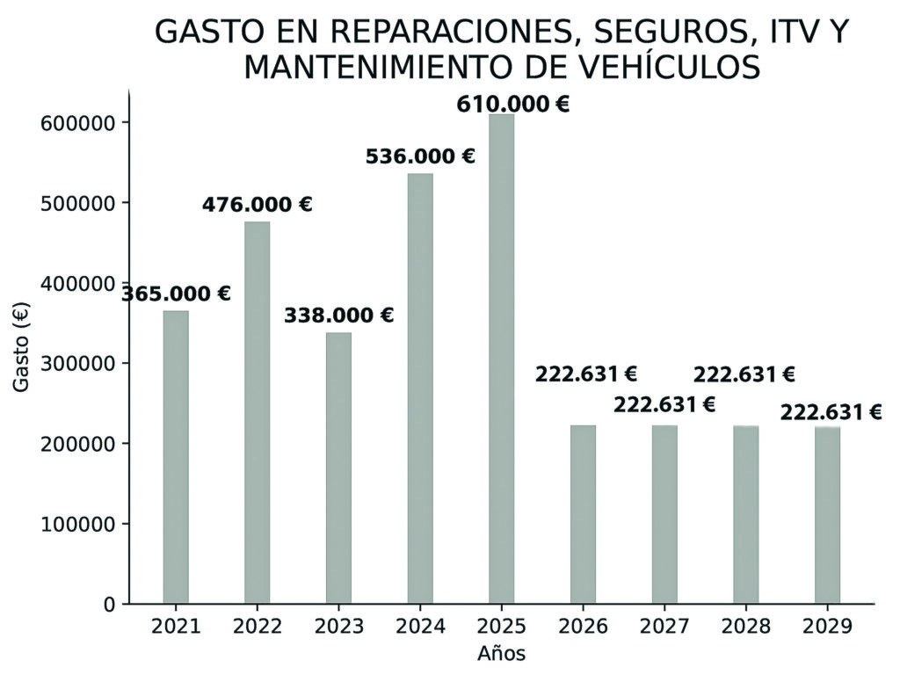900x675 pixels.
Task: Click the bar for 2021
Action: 176,457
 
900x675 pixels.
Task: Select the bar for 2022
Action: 258,413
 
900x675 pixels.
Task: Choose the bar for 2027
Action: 664,514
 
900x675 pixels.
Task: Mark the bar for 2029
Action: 827,514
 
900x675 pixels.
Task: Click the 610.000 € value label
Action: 512,105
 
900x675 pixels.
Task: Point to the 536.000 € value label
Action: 420,157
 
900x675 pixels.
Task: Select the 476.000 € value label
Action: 257,205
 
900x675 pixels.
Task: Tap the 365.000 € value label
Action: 176,294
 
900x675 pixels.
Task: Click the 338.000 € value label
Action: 338,316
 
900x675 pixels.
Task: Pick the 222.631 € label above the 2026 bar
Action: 585,374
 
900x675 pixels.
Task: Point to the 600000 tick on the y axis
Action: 77,122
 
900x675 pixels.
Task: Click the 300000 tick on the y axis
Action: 77,363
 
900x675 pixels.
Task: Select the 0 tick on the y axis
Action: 109,605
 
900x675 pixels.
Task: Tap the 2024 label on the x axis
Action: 420,627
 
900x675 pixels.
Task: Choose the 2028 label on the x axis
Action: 745,627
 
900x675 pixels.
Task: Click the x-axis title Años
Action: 501,654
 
